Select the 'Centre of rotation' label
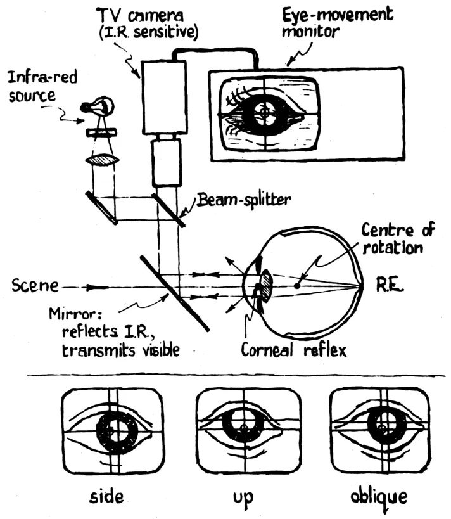tap(393, 237)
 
